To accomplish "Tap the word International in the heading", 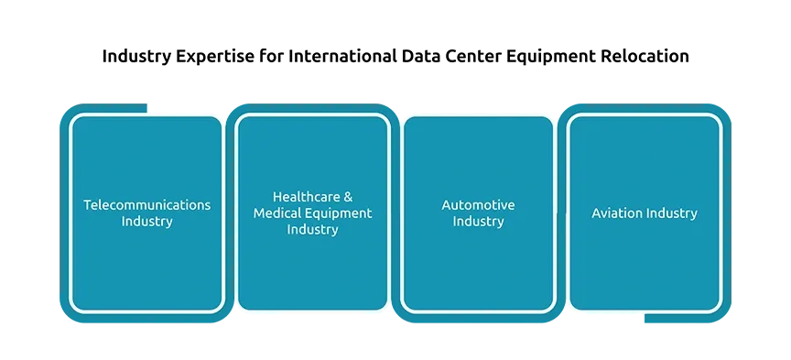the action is coord(342,56).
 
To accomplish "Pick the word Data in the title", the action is coord(421,56).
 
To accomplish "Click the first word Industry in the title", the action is coord(136,57).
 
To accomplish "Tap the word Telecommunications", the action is coord(146,205).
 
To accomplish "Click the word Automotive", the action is coord(478,205).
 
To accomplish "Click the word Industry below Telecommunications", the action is coord(147,222).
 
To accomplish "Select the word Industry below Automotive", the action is coord(478,222).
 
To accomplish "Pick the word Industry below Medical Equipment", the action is coord(313,230).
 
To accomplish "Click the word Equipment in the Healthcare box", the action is coord(339,213).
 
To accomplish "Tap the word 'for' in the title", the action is coord(273,56).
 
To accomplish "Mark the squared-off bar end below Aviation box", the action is coord(645,318).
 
